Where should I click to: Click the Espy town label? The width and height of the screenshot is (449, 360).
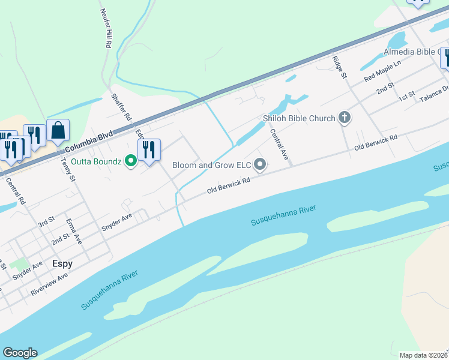click(62, 263)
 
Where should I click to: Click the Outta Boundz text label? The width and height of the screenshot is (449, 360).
click(96, 161)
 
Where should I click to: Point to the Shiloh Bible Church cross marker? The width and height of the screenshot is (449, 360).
click(345, 118)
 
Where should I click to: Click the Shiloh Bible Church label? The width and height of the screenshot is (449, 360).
click(298, 118)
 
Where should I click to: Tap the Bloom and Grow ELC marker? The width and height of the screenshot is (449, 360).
click(260, 164)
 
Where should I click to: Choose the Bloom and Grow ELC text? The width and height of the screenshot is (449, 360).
click(211, 164)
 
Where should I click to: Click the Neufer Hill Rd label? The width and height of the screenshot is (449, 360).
click(104, 28)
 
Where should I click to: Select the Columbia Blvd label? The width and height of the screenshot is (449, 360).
click(88, 142)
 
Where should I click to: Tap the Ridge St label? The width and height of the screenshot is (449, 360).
click(339, 67)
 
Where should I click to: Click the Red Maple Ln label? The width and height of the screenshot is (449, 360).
click(382, 72)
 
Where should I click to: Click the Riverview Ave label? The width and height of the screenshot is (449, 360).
click(49, 285)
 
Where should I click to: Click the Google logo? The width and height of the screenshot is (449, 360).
click(20, 353)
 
